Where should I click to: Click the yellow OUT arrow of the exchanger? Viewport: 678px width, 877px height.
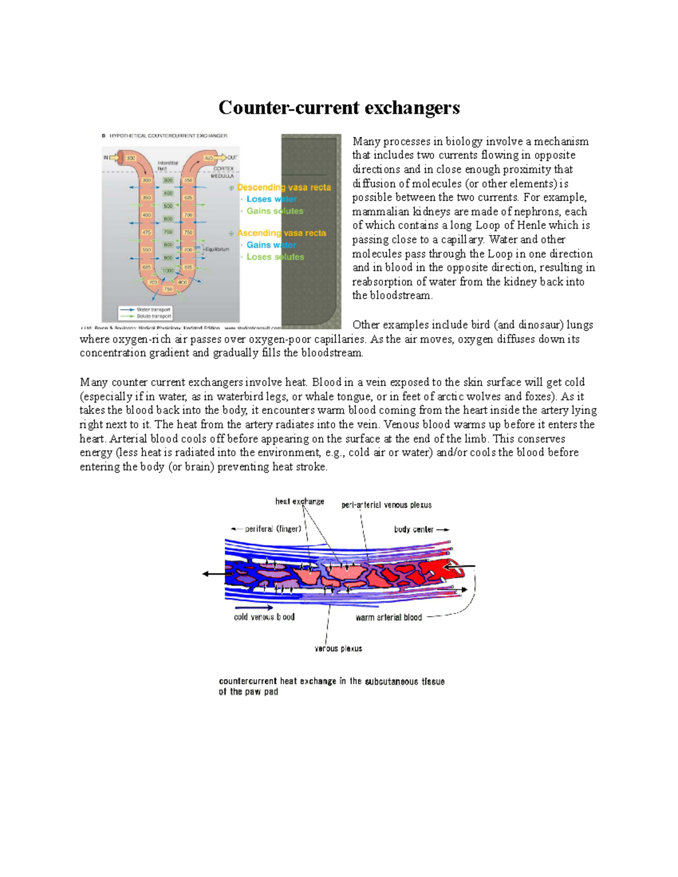coord(219,158)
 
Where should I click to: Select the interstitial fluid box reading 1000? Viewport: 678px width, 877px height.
coord(168,270)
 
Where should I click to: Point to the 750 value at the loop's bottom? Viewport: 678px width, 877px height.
coord(168,289)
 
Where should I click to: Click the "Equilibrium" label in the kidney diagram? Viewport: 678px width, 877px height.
coord(217,249)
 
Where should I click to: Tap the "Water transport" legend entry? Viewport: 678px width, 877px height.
coord(153,309)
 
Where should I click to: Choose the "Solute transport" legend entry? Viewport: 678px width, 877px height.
coord(153,316)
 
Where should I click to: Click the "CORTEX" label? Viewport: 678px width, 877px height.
coord(224,168)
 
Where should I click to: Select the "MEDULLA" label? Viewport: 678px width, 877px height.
coord(223,176)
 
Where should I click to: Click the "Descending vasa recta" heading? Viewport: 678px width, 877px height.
coord(284,187)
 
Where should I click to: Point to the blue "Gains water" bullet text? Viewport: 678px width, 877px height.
coord(271,245)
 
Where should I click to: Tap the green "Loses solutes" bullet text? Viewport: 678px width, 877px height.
coord(275,257)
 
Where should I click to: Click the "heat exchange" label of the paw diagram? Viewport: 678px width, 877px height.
coord(299,501)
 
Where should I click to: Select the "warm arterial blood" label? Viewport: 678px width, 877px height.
coord(389,617)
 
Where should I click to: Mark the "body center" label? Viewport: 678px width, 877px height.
coord(414,530)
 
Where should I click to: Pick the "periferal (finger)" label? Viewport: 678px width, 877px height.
coord(273,529)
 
